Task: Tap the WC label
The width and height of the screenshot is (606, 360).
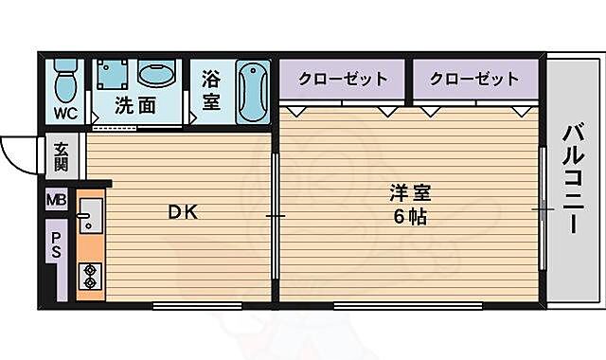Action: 64,115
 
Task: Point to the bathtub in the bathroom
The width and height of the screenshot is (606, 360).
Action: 253,93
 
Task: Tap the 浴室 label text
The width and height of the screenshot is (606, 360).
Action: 210,91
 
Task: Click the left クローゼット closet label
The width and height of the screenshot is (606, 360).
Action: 343,79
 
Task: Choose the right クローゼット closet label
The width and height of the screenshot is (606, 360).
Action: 474,79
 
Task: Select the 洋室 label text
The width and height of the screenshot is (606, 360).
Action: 410,192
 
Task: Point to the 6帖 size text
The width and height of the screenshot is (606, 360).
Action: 410,216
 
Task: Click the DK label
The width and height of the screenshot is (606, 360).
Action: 183,212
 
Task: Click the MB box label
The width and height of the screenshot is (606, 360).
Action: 58,200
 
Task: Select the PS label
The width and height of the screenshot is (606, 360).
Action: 57,246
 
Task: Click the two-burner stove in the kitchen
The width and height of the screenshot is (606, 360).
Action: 91,276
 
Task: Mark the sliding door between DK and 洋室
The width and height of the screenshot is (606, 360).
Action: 276,216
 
